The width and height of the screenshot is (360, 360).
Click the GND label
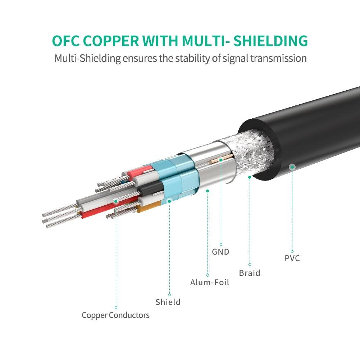point(220,252)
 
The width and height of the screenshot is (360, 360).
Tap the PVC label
point(292,258)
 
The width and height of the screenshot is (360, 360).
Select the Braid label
point(250,273)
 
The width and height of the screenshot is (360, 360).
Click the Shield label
point(168,302)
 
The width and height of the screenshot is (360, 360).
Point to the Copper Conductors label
point(115,315)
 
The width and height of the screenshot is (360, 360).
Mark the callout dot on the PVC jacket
point(292,167)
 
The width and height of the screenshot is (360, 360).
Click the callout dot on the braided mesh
point(250,177)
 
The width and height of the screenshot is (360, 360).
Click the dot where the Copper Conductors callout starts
point(116,201)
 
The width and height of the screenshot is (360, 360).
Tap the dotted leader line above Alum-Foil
point(208,234)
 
